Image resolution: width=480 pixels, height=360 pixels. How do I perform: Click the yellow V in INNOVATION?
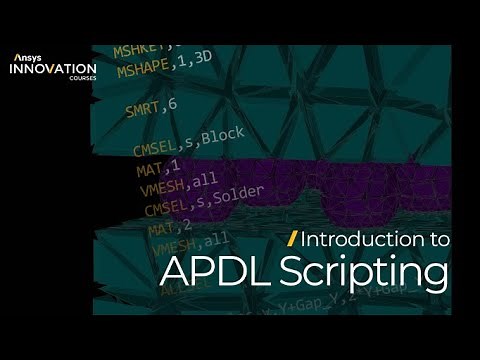point(53,70)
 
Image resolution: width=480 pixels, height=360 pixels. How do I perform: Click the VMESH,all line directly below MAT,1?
point(170,188)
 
